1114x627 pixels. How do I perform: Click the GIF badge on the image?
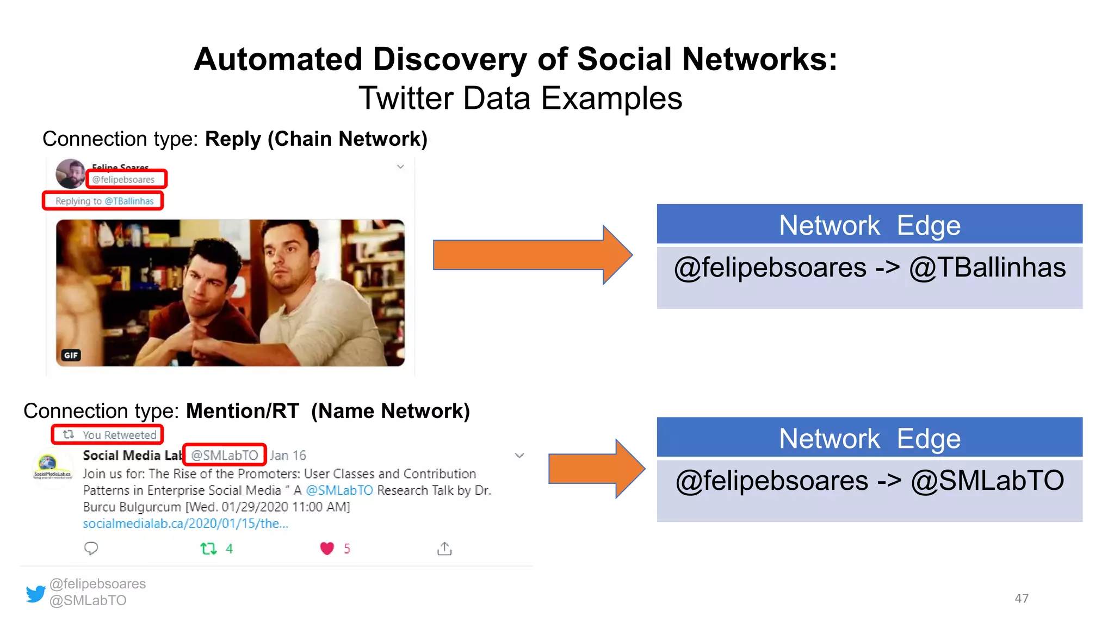click(71, 355)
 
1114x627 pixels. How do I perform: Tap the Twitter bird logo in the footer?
click(36, 593)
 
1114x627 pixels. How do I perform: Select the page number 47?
click(1021, 598)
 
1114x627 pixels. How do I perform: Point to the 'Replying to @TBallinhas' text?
click(104, 201)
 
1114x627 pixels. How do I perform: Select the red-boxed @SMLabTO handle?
click(224, 455)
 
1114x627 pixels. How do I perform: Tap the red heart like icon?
click(327, 548)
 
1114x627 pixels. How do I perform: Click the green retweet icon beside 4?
click(208, 548)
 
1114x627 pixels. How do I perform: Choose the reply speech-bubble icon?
click(91, 548)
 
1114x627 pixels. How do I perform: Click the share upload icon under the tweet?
click(444, 548)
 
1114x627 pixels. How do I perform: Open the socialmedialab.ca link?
click(185, 524)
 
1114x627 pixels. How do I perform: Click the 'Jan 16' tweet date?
click(288, 455)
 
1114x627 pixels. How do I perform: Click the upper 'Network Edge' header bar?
click(869, 224)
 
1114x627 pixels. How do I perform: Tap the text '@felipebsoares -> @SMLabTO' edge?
click(869, 481)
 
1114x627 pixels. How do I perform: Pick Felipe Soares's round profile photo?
click(71, 174)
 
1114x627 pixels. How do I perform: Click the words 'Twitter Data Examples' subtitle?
click(520, 99)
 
